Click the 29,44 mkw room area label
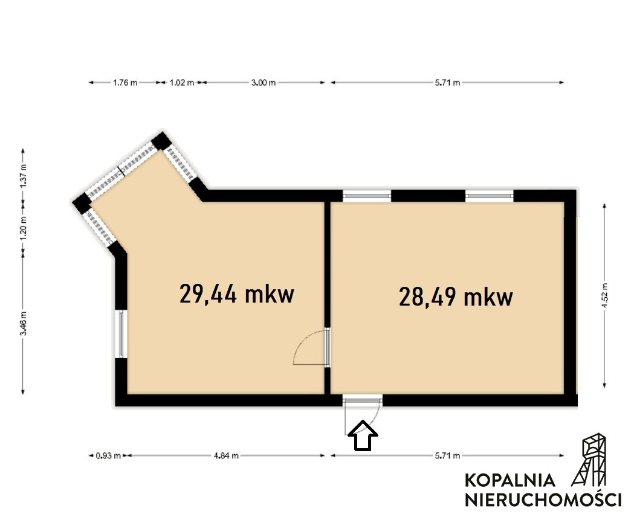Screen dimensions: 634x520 237,294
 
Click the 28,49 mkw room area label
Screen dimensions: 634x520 456,297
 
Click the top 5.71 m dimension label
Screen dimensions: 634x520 448,83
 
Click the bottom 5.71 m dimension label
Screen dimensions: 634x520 448,456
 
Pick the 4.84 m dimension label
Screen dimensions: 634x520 226,456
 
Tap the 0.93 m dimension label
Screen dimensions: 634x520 108,456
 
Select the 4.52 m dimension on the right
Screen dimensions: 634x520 605,295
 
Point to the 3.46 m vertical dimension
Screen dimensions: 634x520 24,323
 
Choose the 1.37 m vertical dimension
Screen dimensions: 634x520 24,175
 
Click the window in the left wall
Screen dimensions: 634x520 121,334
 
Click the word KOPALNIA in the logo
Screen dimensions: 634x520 510,480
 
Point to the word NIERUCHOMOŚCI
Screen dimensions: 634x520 543,499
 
